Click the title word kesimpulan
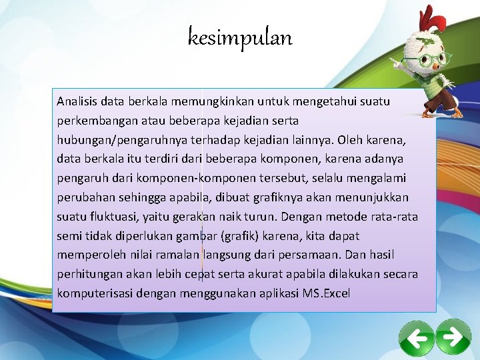240,38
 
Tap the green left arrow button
417,339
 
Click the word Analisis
76,102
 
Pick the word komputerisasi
94,293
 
